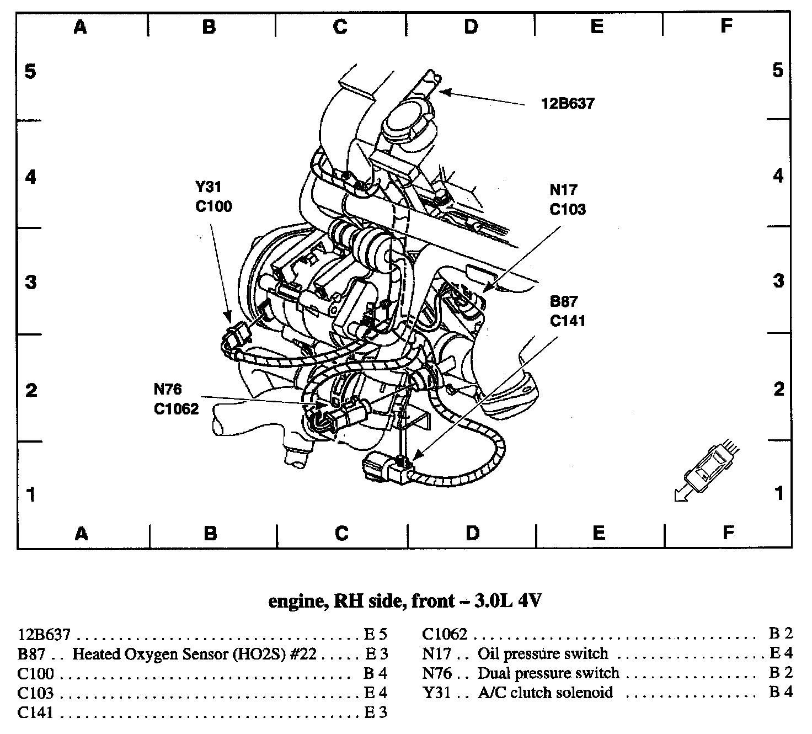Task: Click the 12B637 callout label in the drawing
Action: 568,103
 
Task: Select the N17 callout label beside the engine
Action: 563,190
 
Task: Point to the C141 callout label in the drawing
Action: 568,321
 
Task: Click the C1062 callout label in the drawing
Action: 176,409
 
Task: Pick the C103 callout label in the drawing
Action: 568,209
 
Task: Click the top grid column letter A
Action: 81,26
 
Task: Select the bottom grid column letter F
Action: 728,533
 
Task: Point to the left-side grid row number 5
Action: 30,71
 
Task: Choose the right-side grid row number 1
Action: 779,493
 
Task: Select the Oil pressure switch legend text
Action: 543,654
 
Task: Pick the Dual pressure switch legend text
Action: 548,673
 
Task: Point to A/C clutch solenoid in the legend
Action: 545,692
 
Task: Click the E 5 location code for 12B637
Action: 376,635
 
